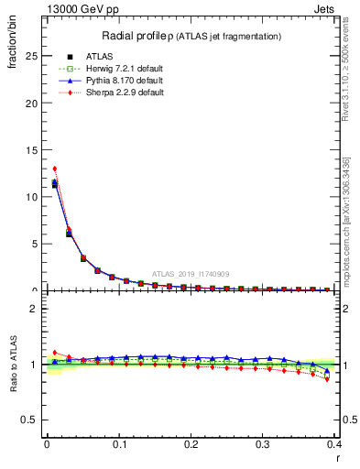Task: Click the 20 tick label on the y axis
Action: pos(31,103)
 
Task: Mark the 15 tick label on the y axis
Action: pos(31,150)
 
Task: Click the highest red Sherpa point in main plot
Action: pos(55,169)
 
